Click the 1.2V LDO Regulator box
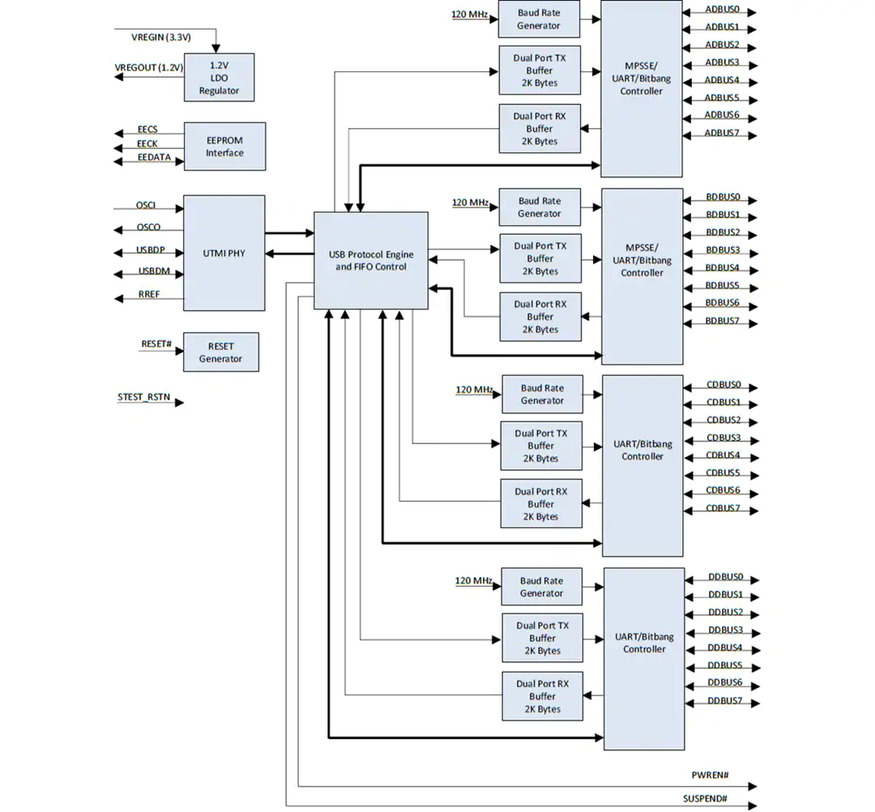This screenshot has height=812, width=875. [x=220, y=78]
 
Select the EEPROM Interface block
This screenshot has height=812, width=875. [x=225, y=146]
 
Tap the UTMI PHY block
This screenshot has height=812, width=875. [x=224, y=253]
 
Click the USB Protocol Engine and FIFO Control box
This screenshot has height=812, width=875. [x=371, y=261]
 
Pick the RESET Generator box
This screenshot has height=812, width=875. [x=221, y=353]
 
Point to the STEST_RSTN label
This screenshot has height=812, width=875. [x=143, y=397]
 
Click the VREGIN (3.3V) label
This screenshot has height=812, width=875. [x=161, y=37]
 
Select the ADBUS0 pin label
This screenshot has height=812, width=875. [x=722, y=10]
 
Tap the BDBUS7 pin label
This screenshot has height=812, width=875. [x=722, y=321]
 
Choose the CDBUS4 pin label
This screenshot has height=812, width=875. [x=723, y=455]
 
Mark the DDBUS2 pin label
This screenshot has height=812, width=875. [x=725, y=612]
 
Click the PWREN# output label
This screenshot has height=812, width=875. [x=710, y=776]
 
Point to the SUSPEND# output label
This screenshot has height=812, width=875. [x=706, y=798]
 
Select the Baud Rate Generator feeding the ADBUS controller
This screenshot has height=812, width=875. [x=539, y=19]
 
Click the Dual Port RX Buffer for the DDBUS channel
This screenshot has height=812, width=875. [x=542, y=696]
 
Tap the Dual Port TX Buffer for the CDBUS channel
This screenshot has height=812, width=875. [x=541, y=446]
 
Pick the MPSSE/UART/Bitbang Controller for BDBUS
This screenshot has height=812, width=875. [x=642, y=276]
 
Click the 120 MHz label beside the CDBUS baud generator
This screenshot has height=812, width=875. [x=474, y=390]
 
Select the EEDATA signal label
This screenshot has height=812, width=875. [x=154, y=157]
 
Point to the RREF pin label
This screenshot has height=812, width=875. [x=149, y=294]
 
